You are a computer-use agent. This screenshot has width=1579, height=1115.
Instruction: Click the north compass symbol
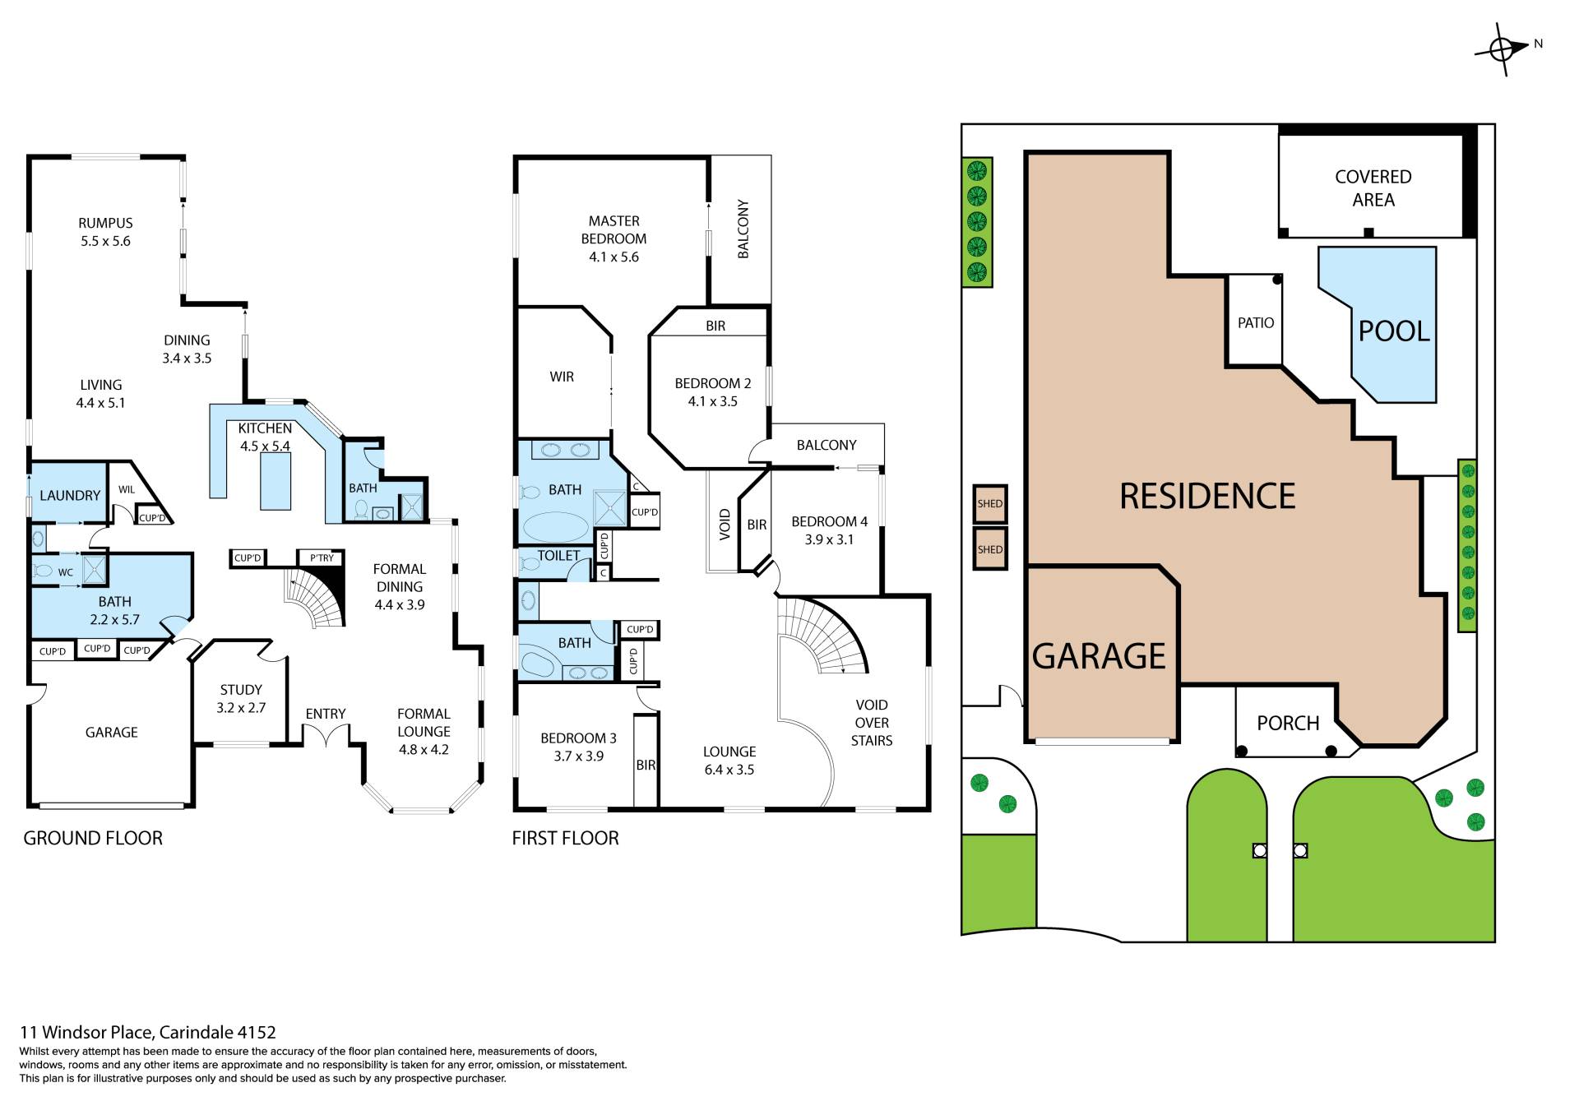pyautogui.click(x=1503, y=50)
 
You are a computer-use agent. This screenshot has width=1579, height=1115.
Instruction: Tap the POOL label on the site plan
pyautogui.click(x=1394, y=331)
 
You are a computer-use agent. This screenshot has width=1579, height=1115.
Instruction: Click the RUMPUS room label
pyautogui.click(x=105, y=223)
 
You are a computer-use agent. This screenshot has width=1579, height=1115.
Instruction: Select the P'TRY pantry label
pyautogui.click(x=322, y=557)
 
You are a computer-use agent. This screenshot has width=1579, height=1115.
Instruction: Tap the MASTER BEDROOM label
pyautogui.click(x=614, y=229)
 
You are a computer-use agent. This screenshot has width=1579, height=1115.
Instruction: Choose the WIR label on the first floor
pyautogui.click(x=562, y=377)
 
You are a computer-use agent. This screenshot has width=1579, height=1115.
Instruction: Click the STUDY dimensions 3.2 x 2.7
pyautogui.click(x=241, y=708)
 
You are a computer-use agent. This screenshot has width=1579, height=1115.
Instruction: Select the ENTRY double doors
pyautogui.click(x=326, y=736)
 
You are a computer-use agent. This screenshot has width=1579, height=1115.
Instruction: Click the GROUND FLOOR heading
pyautogui.click(x=93, y=838)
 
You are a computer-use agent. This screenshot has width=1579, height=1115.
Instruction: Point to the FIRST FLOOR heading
pyautogui.click(x=565, y=838)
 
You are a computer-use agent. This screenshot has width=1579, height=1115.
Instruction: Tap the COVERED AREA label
pyautogui.click(x=1373, y=188)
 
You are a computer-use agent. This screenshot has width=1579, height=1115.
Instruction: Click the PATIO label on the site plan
pyautogui.click(x=1256, y=323)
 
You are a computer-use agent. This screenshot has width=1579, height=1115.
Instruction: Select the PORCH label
pyautogui.click(x=1288, y=724)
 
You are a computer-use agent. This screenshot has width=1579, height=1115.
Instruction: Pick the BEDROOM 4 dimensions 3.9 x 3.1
pyautogui.click(x=829, y=540)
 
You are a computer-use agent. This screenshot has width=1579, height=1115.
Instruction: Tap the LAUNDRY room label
pyautogui.click(x=70, y=496)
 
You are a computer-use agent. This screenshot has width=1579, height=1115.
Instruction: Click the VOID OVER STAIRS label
pyautogui.click(x=872, y=723)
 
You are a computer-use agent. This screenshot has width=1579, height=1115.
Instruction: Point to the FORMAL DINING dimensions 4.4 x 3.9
pyautogui.click(x=400, y=605)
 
